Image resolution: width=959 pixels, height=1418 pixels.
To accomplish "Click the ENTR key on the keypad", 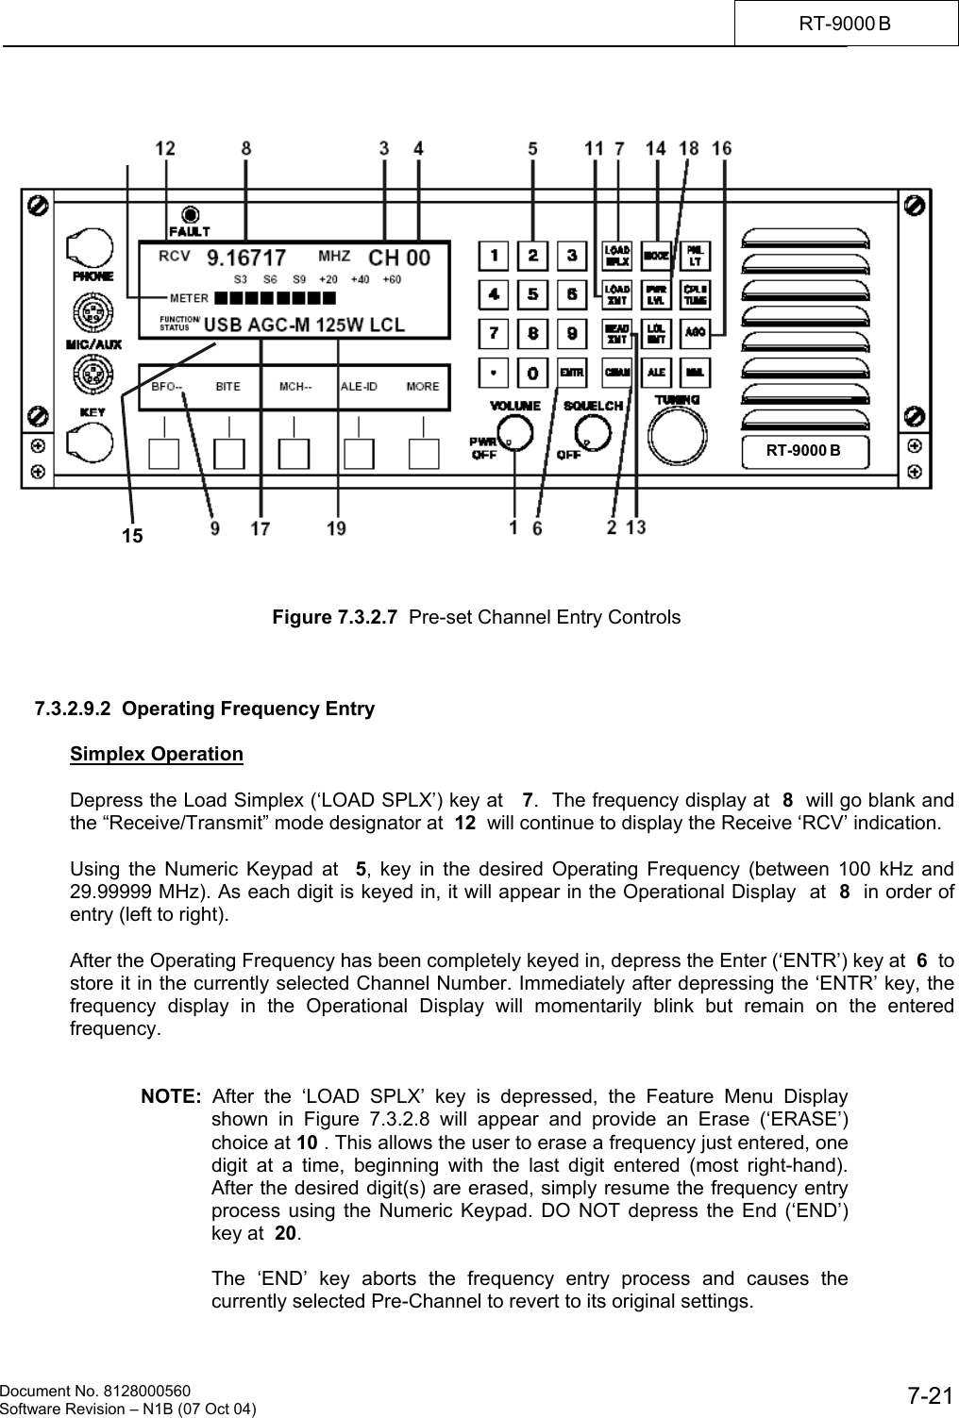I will tap(571, 373).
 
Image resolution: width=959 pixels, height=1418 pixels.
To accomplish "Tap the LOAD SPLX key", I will tap(617, 256).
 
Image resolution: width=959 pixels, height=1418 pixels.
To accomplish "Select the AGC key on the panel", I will tap(695, 331).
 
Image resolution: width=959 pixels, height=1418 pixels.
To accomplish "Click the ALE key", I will tap(656, 372).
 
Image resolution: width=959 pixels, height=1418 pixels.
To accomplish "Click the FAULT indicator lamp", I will tap(191, 214).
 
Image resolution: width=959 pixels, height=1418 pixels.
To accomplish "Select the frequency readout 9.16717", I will tap(246, 257).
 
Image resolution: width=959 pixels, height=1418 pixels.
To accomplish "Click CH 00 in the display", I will tap(398, 257).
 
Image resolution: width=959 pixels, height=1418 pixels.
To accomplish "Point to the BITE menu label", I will tap(227, 386).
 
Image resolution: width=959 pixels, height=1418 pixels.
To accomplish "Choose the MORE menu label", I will tap(422, 386).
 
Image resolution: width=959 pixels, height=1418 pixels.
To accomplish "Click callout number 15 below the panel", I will tap(133, 536).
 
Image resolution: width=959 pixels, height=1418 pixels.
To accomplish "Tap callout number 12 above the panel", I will tap(165, 148).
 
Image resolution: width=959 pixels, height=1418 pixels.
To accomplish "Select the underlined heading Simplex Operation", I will tap(157, 754).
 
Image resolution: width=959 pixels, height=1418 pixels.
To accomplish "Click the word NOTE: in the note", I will tap(171, 1097).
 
